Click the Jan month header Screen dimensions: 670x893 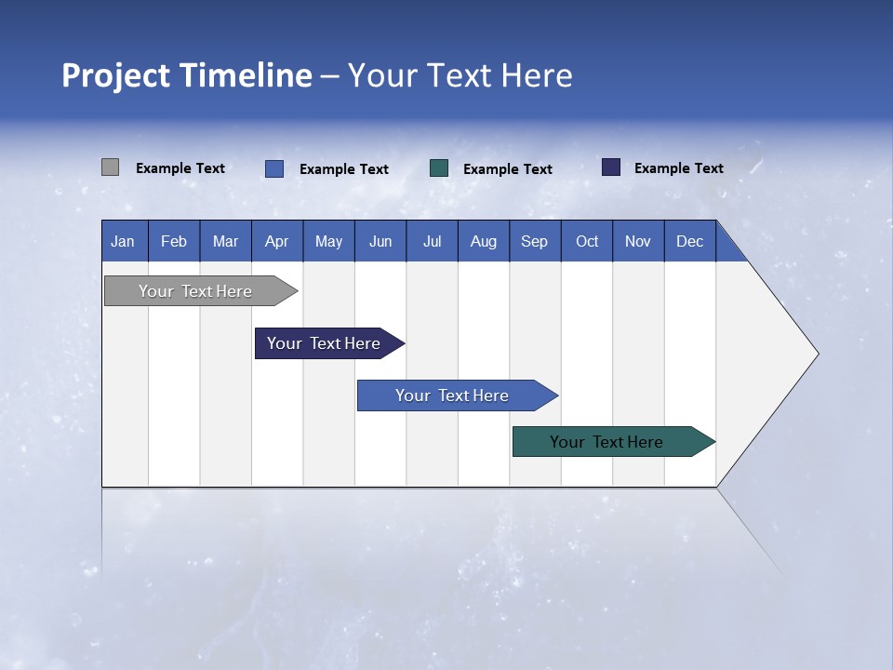click(x=123, y=241)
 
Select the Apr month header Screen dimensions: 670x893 click(x=277, y=241)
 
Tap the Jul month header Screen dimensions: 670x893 click(x=432, y=241)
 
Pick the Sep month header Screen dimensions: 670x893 click(x=534, y=241)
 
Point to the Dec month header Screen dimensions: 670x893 click(x=689, y=241)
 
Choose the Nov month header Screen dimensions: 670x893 click(x=637, y=241)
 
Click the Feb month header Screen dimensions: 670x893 click(x=174, y=241)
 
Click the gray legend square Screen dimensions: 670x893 click(x=110, y=167)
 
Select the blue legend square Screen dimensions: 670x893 click(x=274, y=168)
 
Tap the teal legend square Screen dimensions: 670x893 click(x=439, y=168)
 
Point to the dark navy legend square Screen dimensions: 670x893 click(x=611, y=167)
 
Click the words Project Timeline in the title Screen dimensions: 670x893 click(x=187, y=75)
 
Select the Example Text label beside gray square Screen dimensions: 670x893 click(x=180, y=168)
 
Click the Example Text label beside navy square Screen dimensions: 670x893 click(x=679, y=168)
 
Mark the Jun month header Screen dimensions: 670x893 click(x=380, y=241)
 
